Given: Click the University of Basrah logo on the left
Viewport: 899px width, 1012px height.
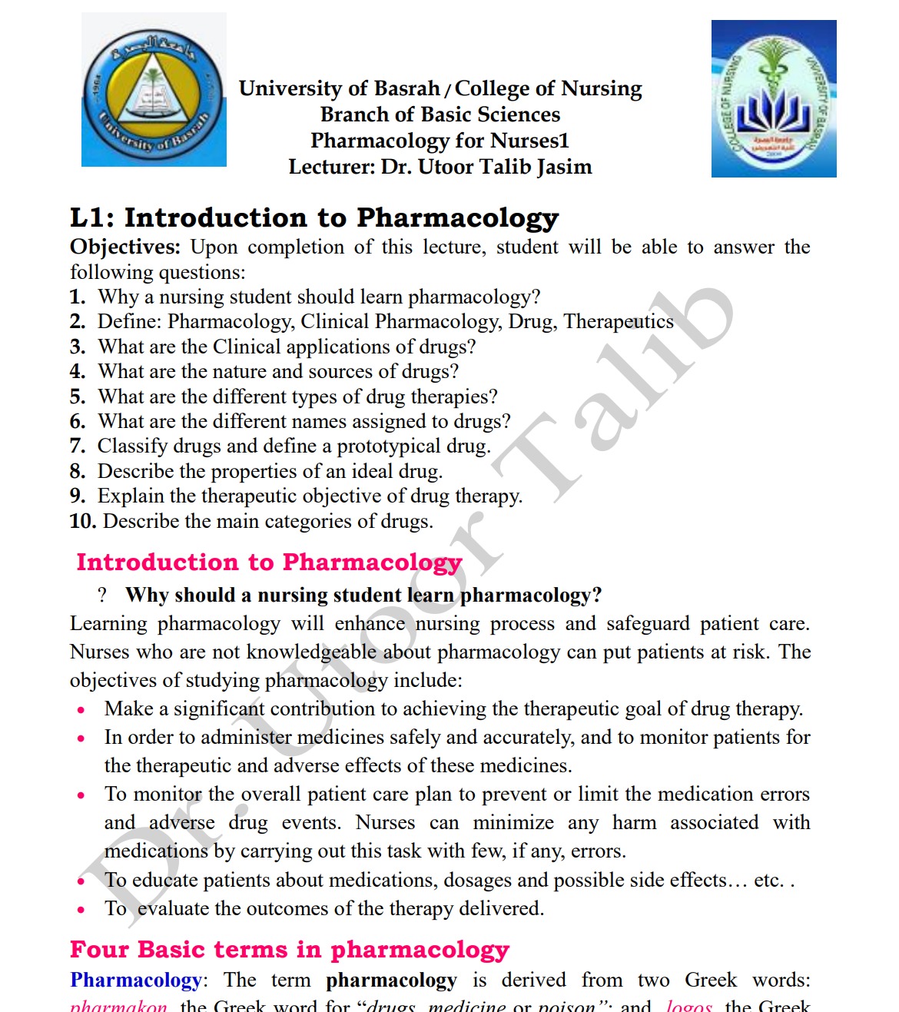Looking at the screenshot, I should tap(154, 90).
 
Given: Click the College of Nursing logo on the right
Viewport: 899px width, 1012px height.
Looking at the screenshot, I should tap(774, 99).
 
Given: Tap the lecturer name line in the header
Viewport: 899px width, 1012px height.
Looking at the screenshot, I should tap(440, 167).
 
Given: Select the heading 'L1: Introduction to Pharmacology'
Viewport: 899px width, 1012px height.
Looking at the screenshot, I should tap(314, 218).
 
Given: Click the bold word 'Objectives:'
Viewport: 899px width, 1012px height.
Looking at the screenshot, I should tap(125, 247).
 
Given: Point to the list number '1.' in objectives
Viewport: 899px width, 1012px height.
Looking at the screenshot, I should tap(78, 297).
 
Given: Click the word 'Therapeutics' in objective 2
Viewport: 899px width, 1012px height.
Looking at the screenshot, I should tap(619, 321).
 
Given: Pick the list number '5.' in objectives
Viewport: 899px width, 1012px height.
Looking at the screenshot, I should tap(78, 397).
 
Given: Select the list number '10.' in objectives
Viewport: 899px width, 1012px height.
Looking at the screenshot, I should tap(82, 522).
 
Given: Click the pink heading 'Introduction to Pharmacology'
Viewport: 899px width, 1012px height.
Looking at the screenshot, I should tap(269, 562).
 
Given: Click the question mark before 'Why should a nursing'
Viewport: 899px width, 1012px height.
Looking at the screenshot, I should tap(102, 596).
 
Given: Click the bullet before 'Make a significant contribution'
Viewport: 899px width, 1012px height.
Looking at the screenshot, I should tap(81, 711).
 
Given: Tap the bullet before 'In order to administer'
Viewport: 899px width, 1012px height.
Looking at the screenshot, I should tap(81, 739).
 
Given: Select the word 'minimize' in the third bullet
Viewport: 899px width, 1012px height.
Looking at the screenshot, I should tap(513, 823).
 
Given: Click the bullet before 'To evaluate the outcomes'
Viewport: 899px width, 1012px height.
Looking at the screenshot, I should tap(81, 911).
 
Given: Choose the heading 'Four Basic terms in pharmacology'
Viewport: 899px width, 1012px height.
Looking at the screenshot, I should tap(290, 951).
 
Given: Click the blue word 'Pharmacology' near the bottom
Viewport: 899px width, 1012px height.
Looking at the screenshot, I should tap(135, 980).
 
